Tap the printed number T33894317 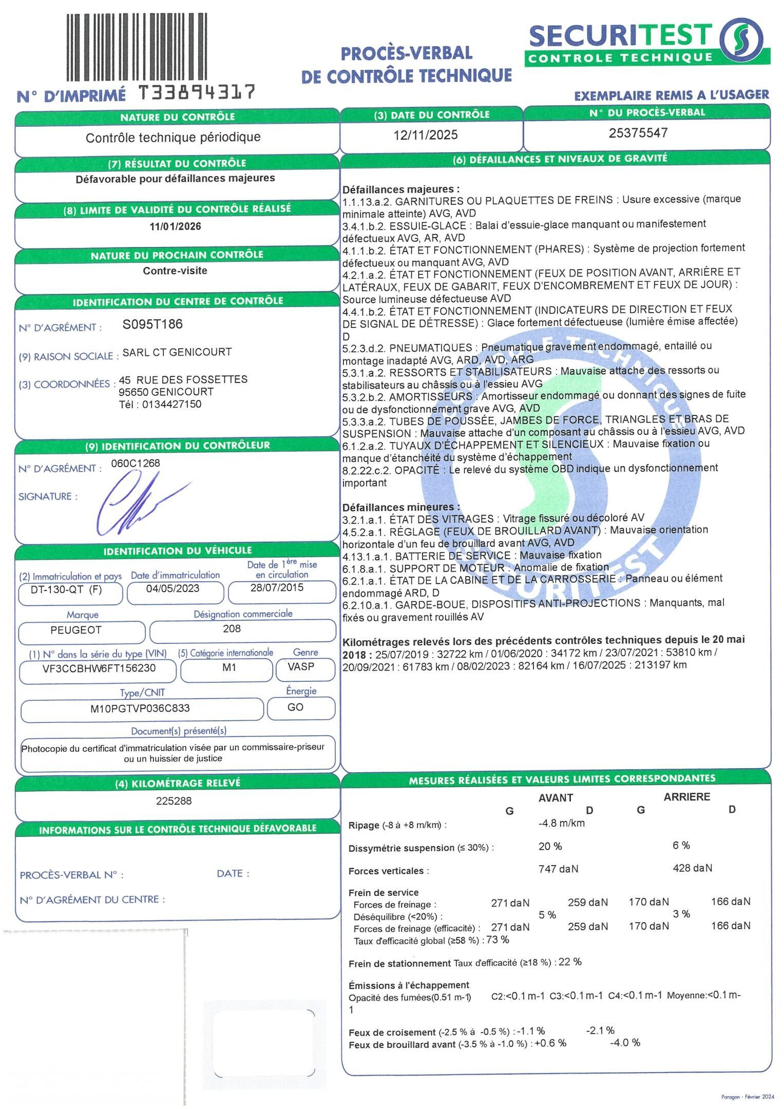pyautogui.click(x=197, y=93)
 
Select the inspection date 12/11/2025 pyautogui.click(x=425, y=135)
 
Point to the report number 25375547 pyautogui.click(x=638, y=133)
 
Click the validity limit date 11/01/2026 pyautogui.click(x=175, y=226)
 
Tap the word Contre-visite pyautogui.click(x=175, y=271)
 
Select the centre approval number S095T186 pyautogui.click(x=152, y=324)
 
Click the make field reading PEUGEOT pyautogui.click(x=76, y=629)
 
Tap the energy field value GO pyautogui.click(x=295, y=707)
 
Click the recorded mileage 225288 pyautogui.click(x=174, y=801)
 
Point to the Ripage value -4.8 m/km pyautogui.click(x=561, y=823)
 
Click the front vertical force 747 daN pyautogui.click(x=558, y=869)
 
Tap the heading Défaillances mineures pyautogui.click(x=400, y=507)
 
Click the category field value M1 pyautogui.click(x=229, y=667)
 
